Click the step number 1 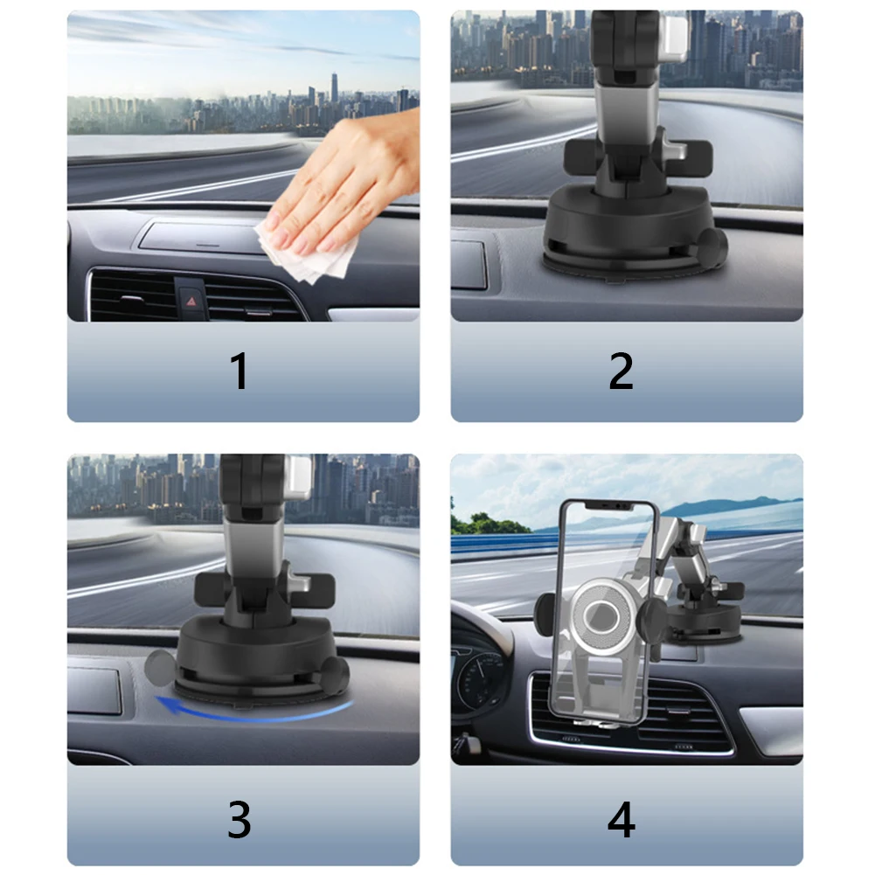239,371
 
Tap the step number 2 621,371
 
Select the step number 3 239,819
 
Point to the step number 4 621,819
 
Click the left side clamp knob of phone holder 543,615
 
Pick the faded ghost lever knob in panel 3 157,666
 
